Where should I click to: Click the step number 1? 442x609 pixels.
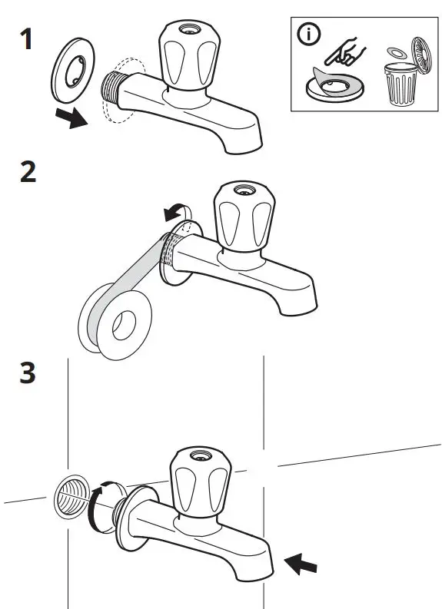26,39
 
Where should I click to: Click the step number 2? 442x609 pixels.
28,172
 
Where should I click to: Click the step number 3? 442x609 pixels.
28,374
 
